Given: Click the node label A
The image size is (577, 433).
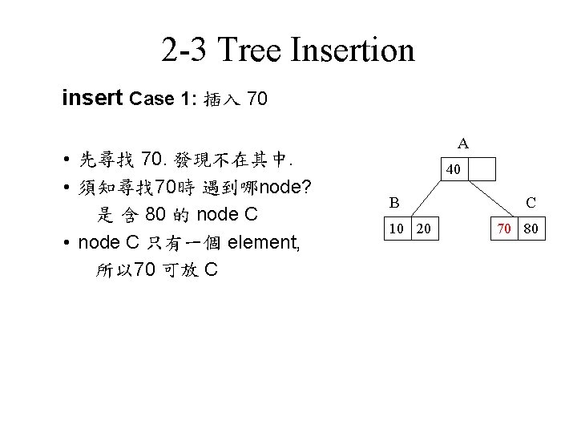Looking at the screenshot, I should coord(463,144).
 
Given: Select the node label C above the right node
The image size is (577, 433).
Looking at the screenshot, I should coord(531,204).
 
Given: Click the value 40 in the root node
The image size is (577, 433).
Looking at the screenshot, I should coord(453,171).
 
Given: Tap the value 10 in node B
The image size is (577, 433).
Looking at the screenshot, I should coord(397,230).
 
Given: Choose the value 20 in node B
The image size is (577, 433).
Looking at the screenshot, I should coord(423,230).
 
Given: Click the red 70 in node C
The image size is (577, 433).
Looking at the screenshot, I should coord(502,230).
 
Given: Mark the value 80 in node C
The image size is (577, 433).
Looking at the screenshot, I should coord(530,230).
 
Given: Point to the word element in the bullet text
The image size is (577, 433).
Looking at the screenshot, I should coord(264,241).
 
